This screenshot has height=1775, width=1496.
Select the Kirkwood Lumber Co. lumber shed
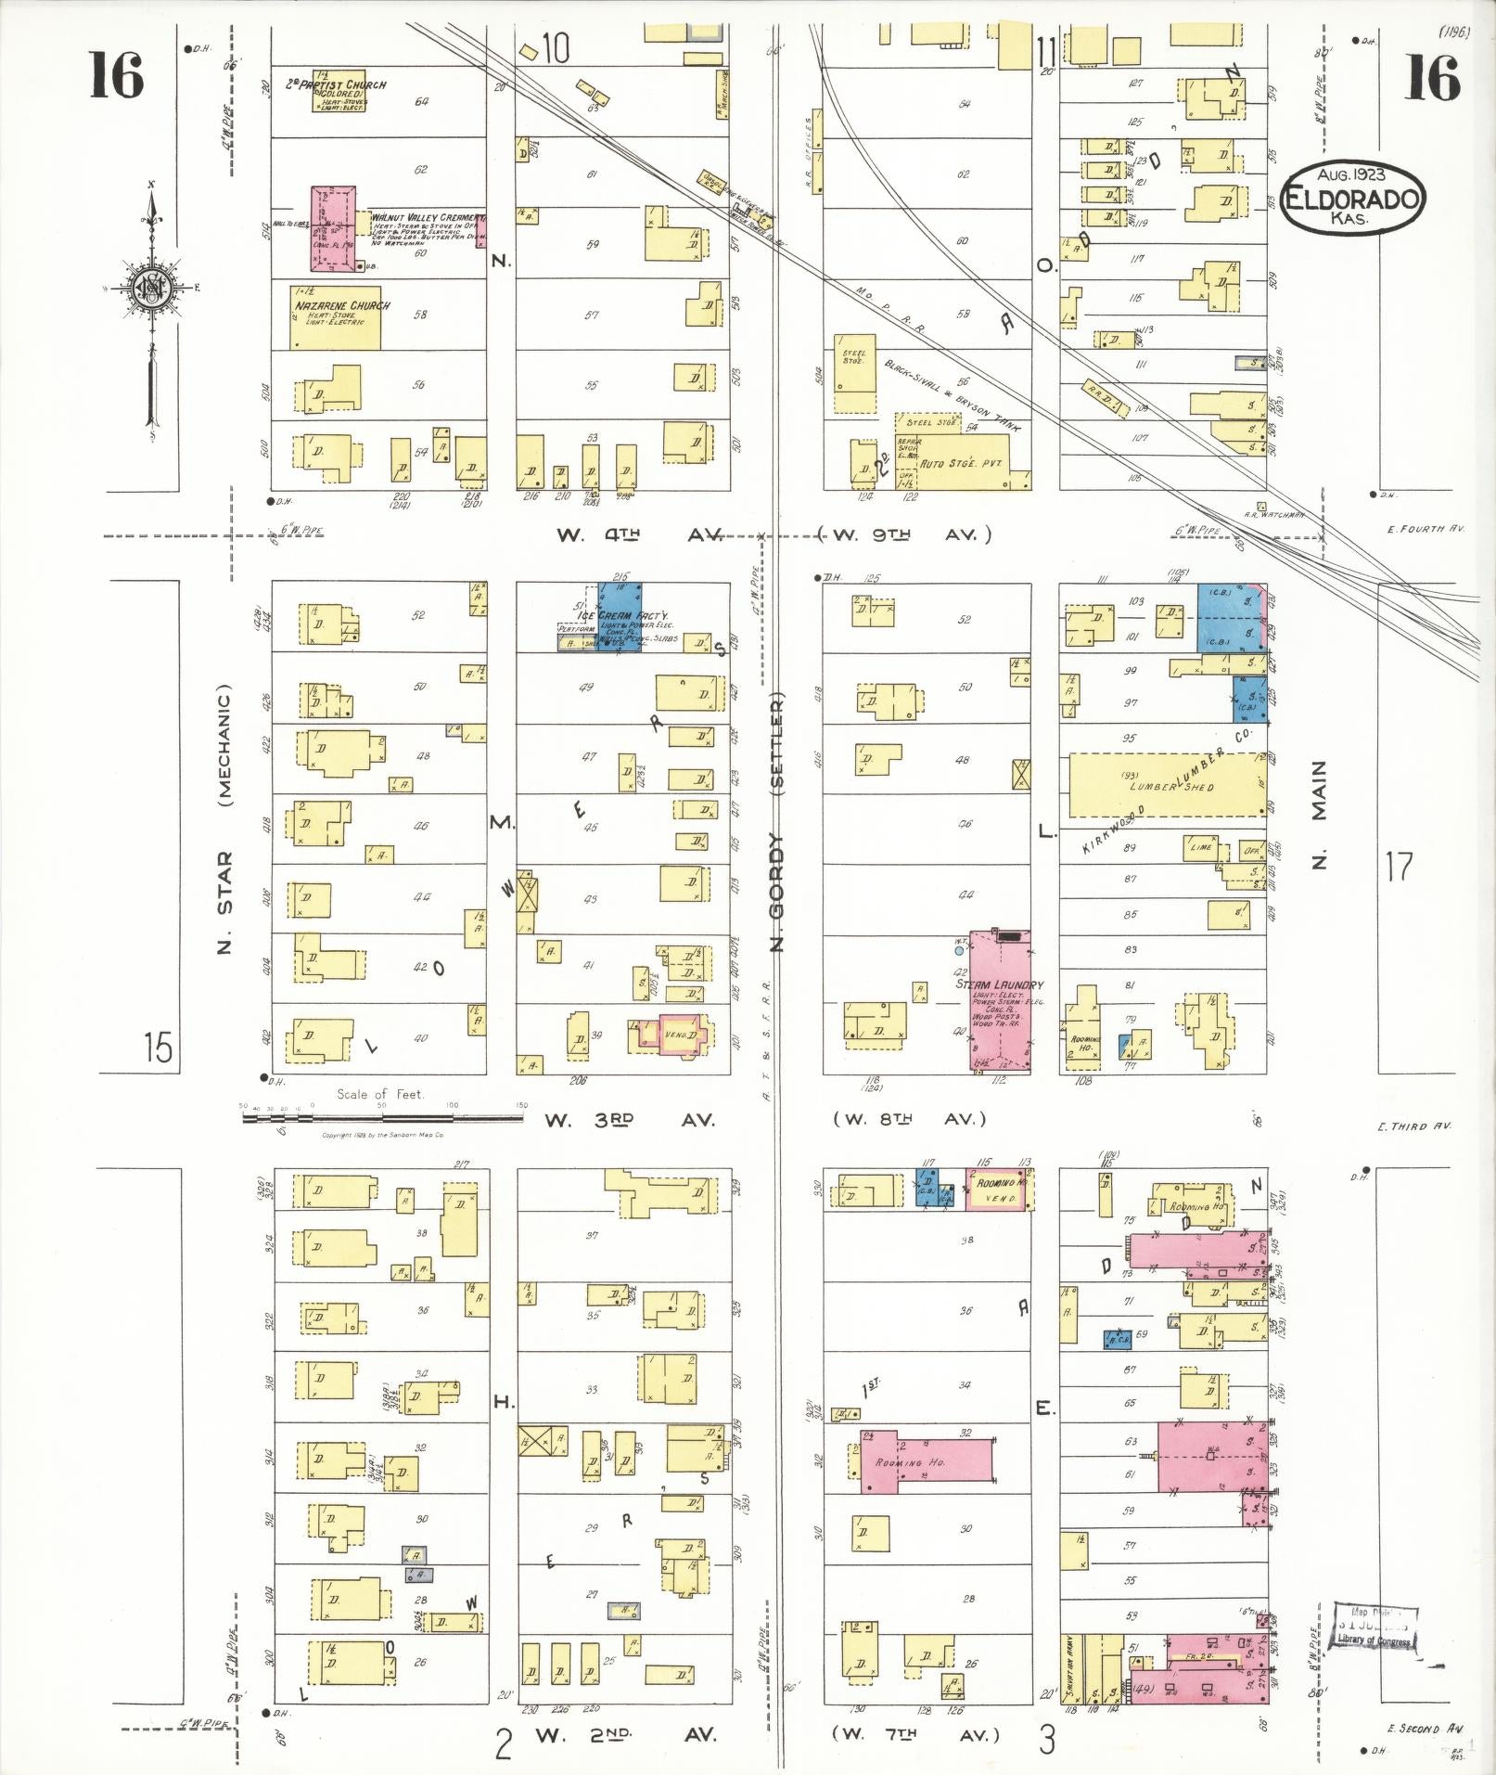click(1167, 785)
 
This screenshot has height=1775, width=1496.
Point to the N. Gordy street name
click(777, 891)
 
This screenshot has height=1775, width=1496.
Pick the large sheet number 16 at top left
click(117, 76)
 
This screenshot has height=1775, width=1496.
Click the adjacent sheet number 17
click(1399, 866)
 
